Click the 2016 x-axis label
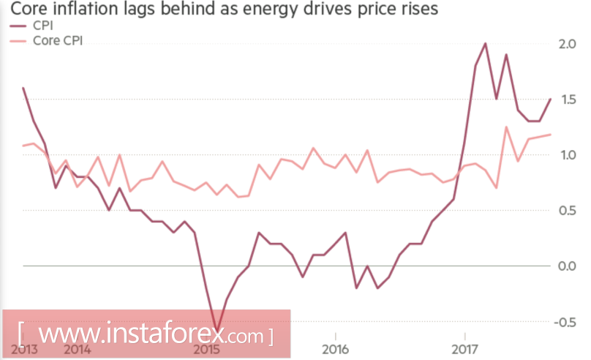tap(334, 348)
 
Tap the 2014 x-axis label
tap(77, 348)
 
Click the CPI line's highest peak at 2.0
tap(486, 43)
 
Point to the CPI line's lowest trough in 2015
tap(216, 331)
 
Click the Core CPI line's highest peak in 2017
tap(506, 127)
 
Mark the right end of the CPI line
tap(550, 99)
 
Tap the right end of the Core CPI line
tap(550, 135)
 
